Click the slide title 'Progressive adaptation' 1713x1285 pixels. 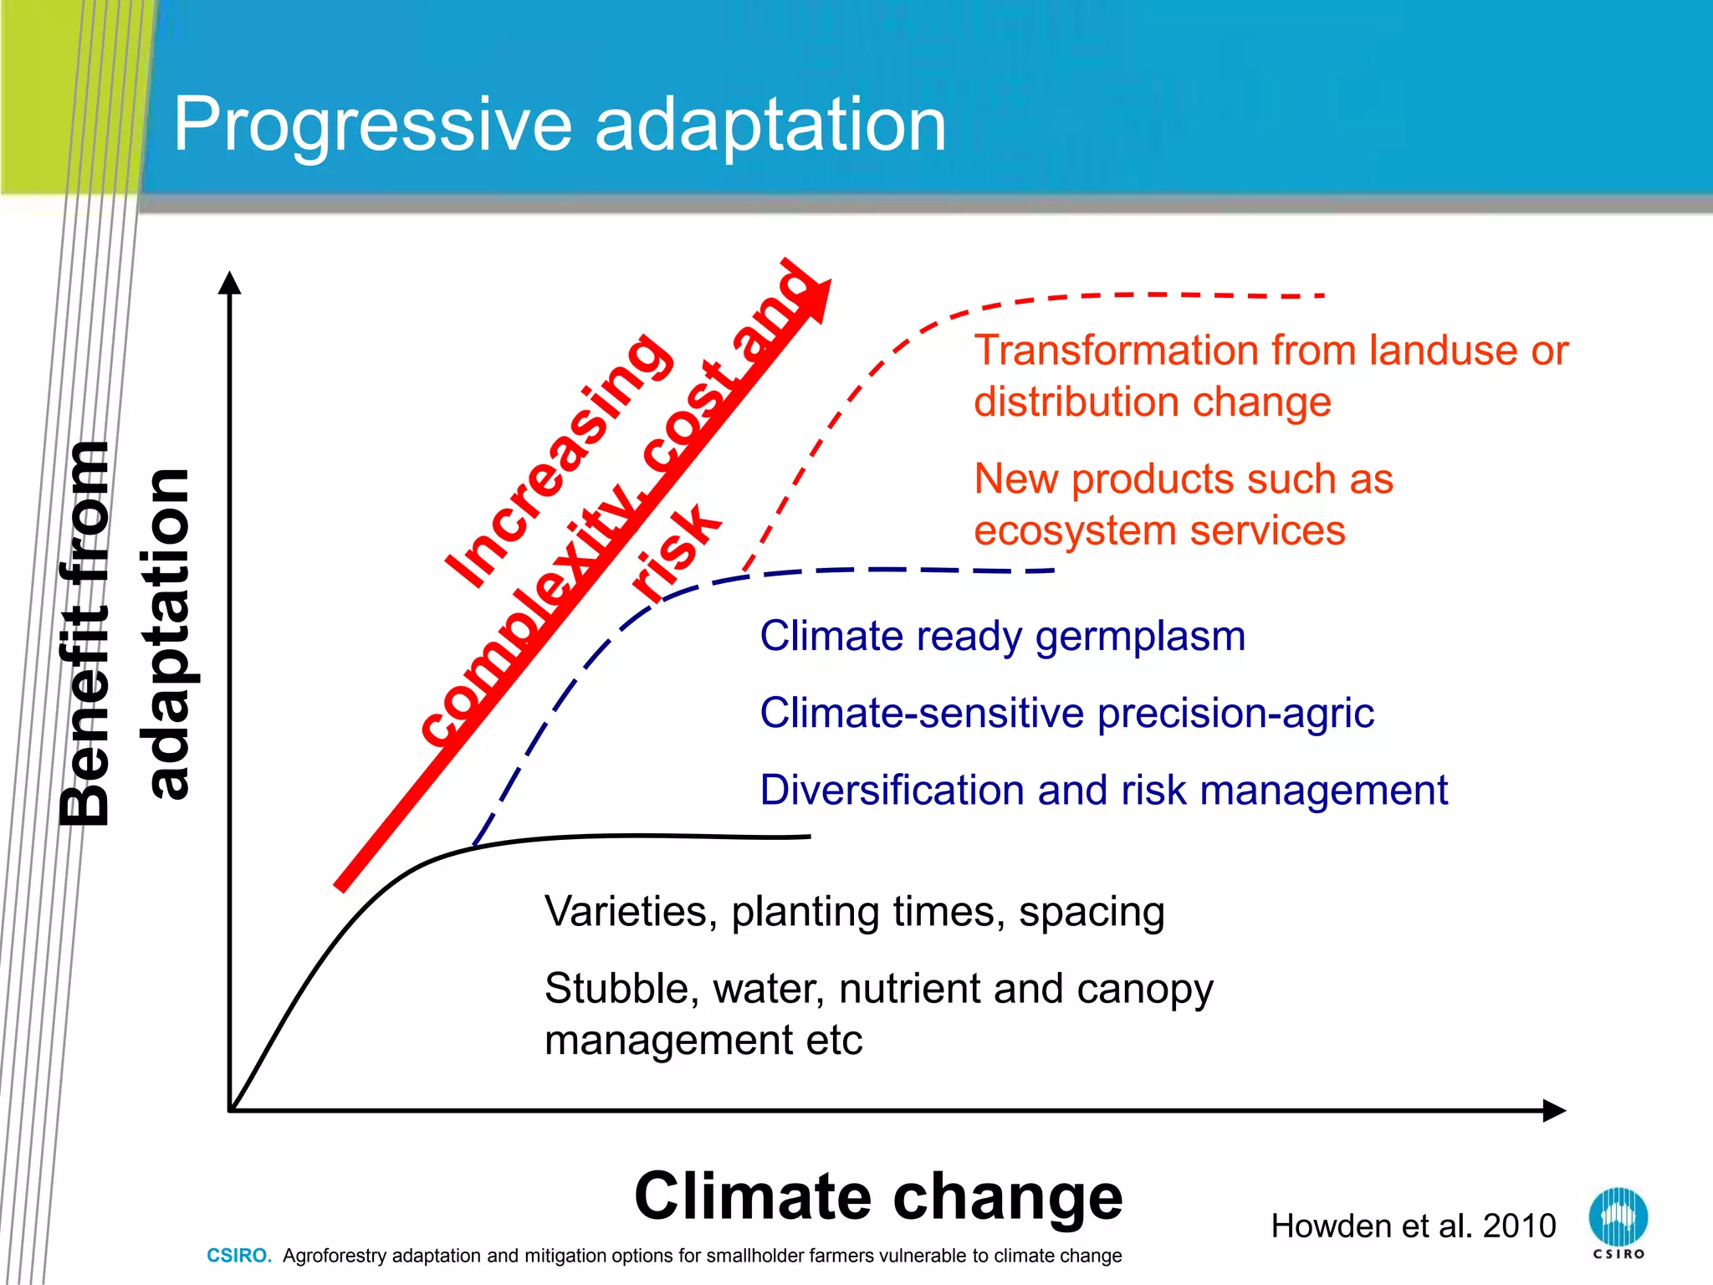[559, 125]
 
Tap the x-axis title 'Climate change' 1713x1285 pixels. [878, 1196]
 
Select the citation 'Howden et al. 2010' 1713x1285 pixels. [1413, 1226]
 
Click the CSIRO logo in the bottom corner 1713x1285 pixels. [1618, 1222]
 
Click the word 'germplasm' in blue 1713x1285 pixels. [1140, 637]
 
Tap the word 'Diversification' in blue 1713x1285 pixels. [892, 790]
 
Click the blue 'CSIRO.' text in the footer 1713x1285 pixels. [239, 1256]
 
